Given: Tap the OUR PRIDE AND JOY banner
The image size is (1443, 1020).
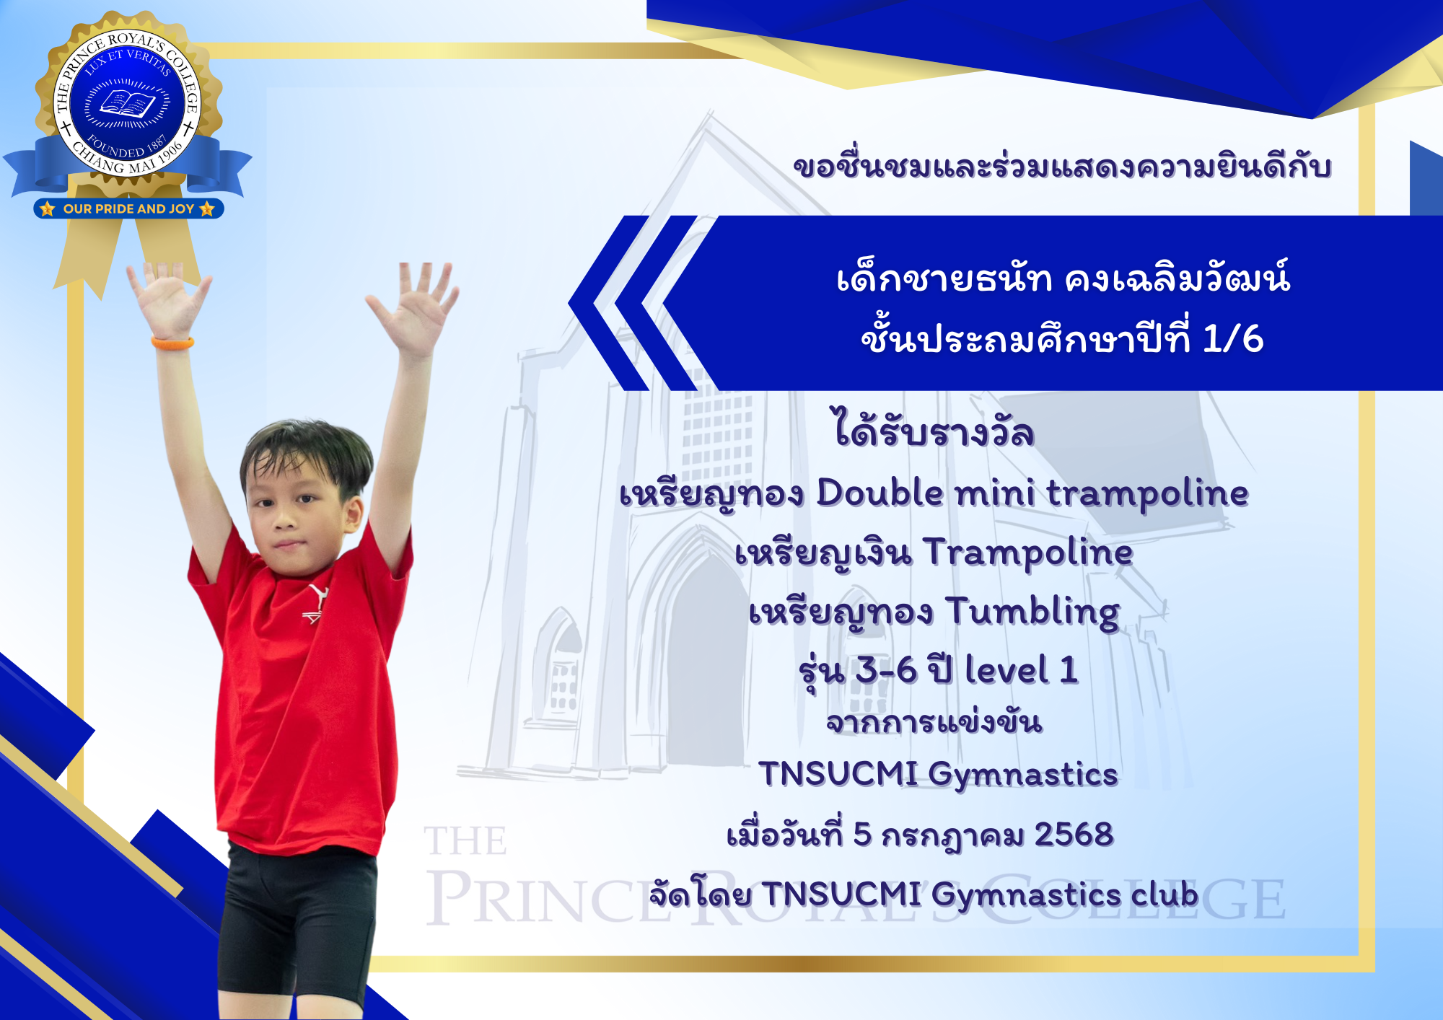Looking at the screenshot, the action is [128, 208].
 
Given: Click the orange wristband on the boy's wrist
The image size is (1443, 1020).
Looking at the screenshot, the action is [172, 342].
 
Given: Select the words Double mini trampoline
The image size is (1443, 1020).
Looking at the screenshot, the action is [1032, 494].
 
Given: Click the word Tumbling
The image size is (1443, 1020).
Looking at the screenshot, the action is [1032, 612].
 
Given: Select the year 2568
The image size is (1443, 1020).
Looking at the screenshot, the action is [1074, 835].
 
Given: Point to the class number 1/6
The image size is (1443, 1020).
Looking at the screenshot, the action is [1233, 338].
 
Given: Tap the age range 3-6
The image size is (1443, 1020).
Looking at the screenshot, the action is [886, 671].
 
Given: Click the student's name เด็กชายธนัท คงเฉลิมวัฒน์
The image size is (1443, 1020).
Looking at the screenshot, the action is [1063, 278].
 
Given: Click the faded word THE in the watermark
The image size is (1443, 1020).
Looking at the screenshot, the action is [465, 841].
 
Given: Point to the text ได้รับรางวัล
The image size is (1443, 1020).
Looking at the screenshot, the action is [934, 429].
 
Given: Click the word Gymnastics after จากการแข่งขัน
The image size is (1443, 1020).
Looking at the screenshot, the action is [1023, 775].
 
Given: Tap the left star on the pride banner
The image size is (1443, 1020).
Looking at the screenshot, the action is [48, 208].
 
